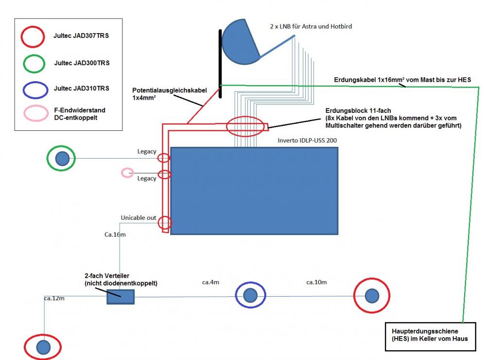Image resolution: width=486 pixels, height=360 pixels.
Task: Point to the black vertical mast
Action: coord(221,63)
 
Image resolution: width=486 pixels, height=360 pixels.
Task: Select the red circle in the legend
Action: coord(33,36)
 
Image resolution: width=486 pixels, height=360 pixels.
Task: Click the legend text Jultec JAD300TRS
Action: coord(81,63)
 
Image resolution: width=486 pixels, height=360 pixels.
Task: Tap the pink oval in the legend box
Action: coord(33,114)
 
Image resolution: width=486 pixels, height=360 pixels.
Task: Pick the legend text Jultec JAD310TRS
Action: coord(81,89)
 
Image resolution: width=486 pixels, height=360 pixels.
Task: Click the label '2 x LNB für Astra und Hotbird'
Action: coord(311,27)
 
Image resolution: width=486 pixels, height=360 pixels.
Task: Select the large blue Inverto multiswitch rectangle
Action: coord(254,191)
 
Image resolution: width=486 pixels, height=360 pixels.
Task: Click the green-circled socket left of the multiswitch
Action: coord(61,158)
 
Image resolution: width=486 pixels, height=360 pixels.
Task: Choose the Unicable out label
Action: coord(139,217)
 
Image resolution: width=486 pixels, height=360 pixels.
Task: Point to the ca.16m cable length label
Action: coord(115,234)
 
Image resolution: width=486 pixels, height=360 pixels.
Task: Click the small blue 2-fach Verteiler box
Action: coord(120,296)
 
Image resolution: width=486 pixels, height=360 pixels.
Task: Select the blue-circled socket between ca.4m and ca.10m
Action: coord(250,295)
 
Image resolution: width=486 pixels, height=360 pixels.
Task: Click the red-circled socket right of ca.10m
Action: coord(371,295)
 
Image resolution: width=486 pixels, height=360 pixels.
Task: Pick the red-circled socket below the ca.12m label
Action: coord(43,346)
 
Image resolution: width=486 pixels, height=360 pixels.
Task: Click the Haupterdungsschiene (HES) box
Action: coord(428,335)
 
